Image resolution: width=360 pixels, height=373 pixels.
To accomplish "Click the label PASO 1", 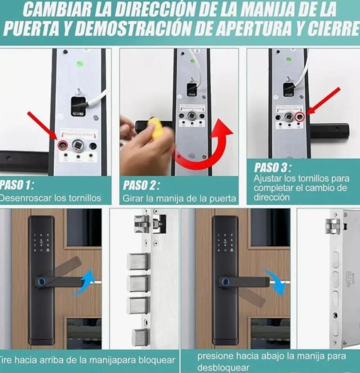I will click(x=17, y=185).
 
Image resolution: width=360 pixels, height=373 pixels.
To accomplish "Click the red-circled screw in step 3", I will click(x=300, y=117).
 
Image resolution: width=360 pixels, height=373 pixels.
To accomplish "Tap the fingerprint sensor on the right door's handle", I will click(x=224, y=282).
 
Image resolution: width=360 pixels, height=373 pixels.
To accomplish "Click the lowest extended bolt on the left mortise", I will click(x=139, y=337).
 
